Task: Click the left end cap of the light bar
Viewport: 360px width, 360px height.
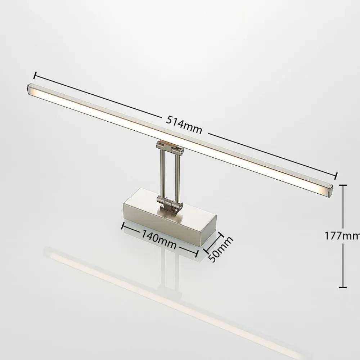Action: [x=31, y=90]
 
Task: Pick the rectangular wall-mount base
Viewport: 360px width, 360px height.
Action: [x=169, y=223]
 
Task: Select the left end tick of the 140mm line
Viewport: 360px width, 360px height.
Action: [x=123, y=226]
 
